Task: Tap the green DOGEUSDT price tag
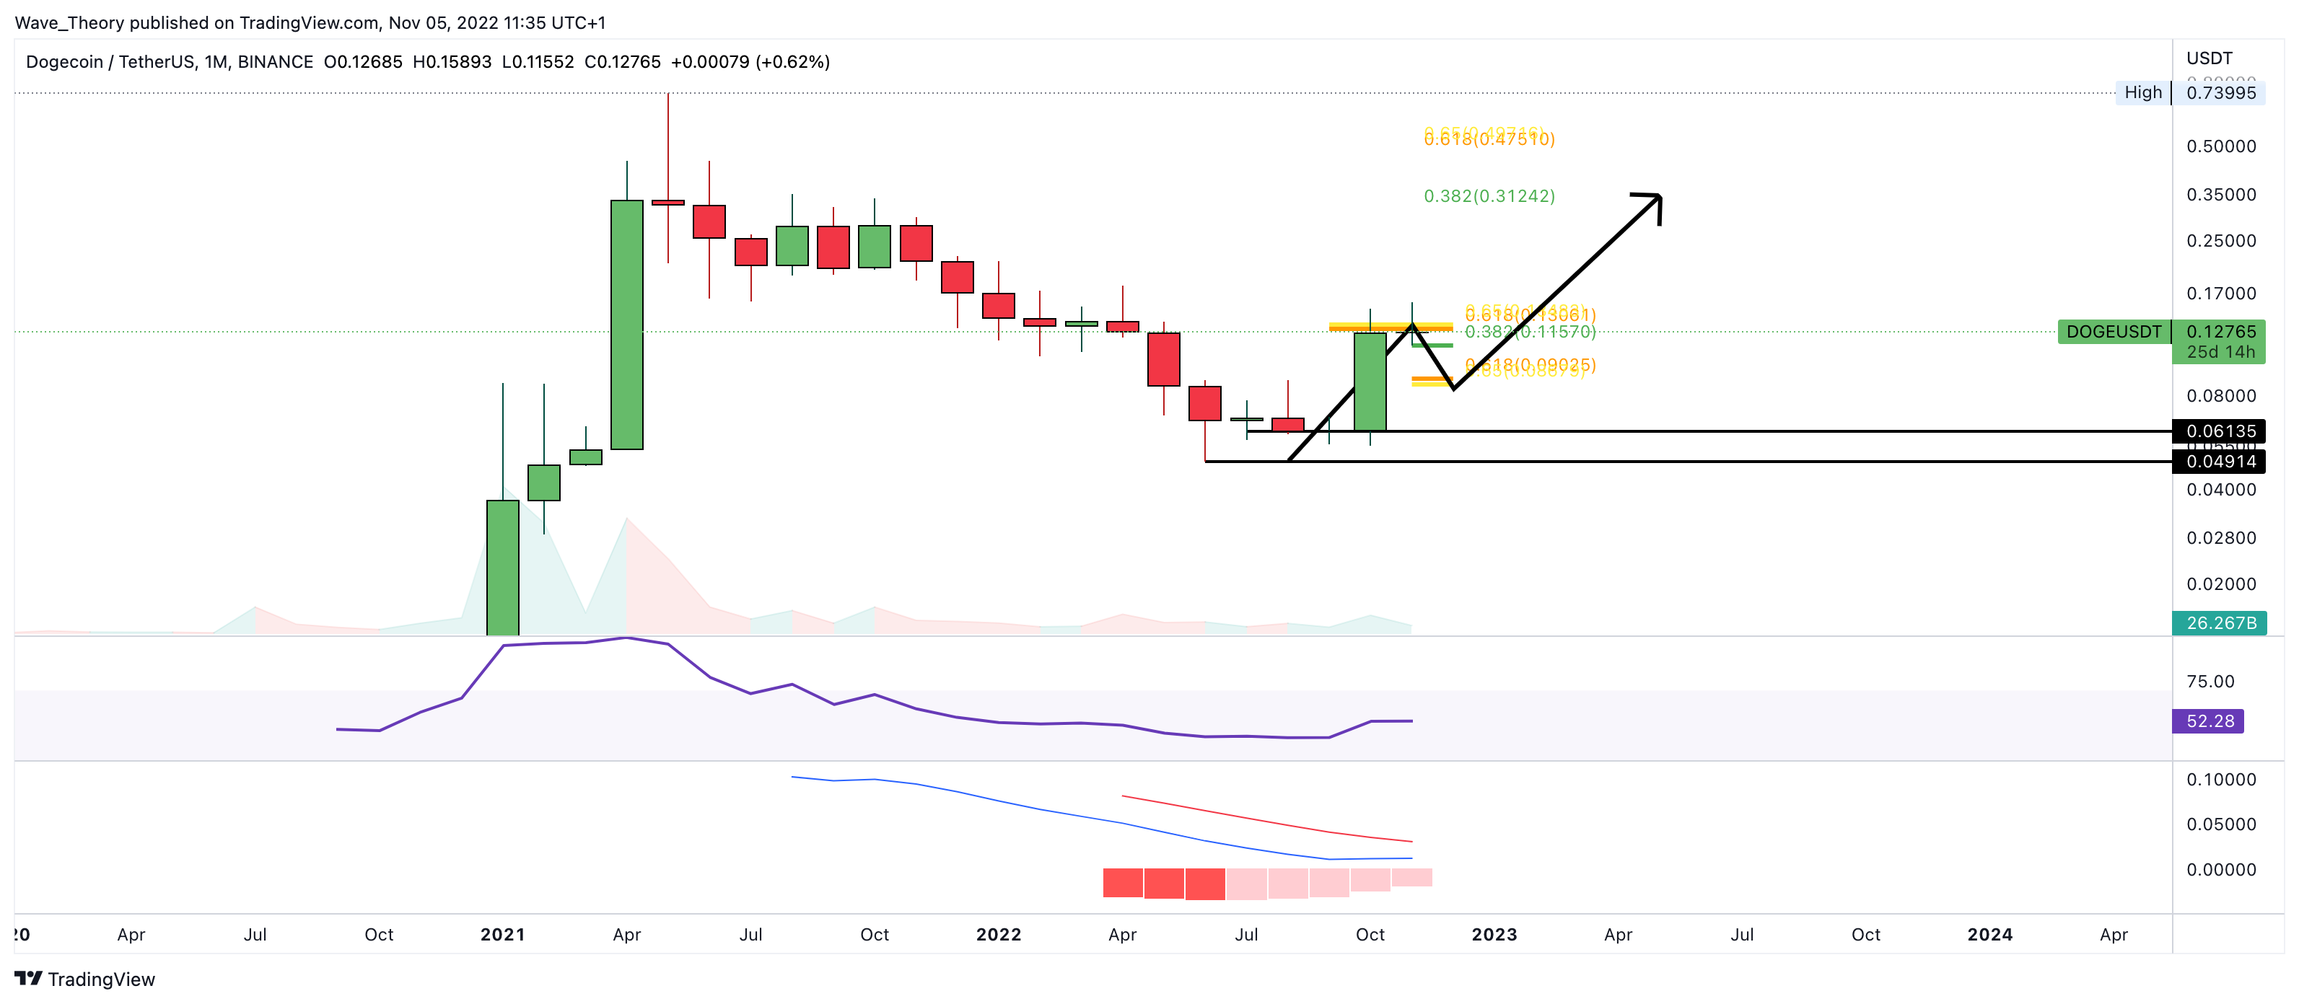tap(2113, 332)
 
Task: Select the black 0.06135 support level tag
tap(2220, 431)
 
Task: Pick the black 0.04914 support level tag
tap(2220, 462)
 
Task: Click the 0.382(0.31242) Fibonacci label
tap(1489, 196)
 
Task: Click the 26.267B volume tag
tap(2220, 623)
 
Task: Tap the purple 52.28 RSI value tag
tap(2209, 721)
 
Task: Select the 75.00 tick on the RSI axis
tap(2210, 682)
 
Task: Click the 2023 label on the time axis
tap(1494, 934)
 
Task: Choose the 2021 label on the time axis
tap(502, 934)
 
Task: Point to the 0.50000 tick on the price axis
tap(2220, 146)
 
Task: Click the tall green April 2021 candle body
tap(626, 324)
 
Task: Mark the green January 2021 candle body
tap(502, 567)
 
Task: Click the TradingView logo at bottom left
tap(84, 979)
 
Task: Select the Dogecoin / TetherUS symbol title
tap(170, 61)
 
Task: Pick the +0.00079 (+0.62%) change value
tap(750, 61)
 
